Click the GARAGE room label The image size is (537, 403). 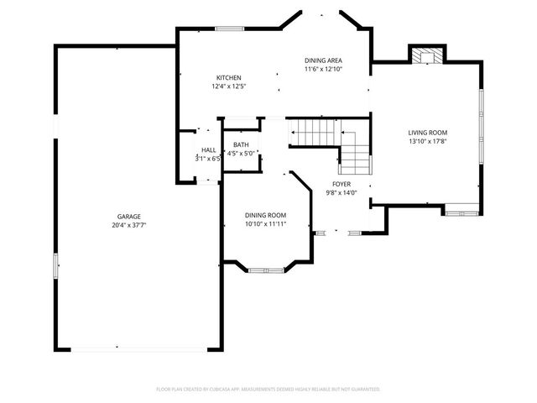128,216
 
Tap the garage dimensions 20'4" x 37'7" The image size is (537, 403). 128,225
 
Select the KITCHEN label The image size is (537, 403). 229,77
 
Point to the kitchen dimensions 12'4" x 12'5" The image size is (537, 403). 229,86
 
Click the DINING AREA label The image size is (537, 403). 323,60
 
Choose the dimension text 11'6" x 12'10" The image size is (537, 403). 323,70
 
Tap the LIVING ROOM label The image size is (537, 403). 427,133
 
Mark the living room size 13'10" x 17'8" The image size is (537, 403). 427,142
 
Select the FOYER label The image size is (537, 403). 341,184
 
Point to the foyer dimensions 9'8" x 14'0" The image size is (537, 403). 341,193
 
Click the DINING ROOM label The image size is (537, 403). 265,215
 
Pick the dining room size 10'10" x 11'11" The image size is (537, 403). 265,224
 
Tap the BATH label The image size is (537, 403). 241,144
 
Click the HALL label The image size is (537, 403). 208,149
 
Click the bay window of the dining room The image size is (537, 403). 266,270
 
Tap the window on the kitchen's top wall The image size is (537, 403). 229,29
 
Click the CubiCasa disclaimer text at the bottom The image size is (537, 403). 268,390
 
